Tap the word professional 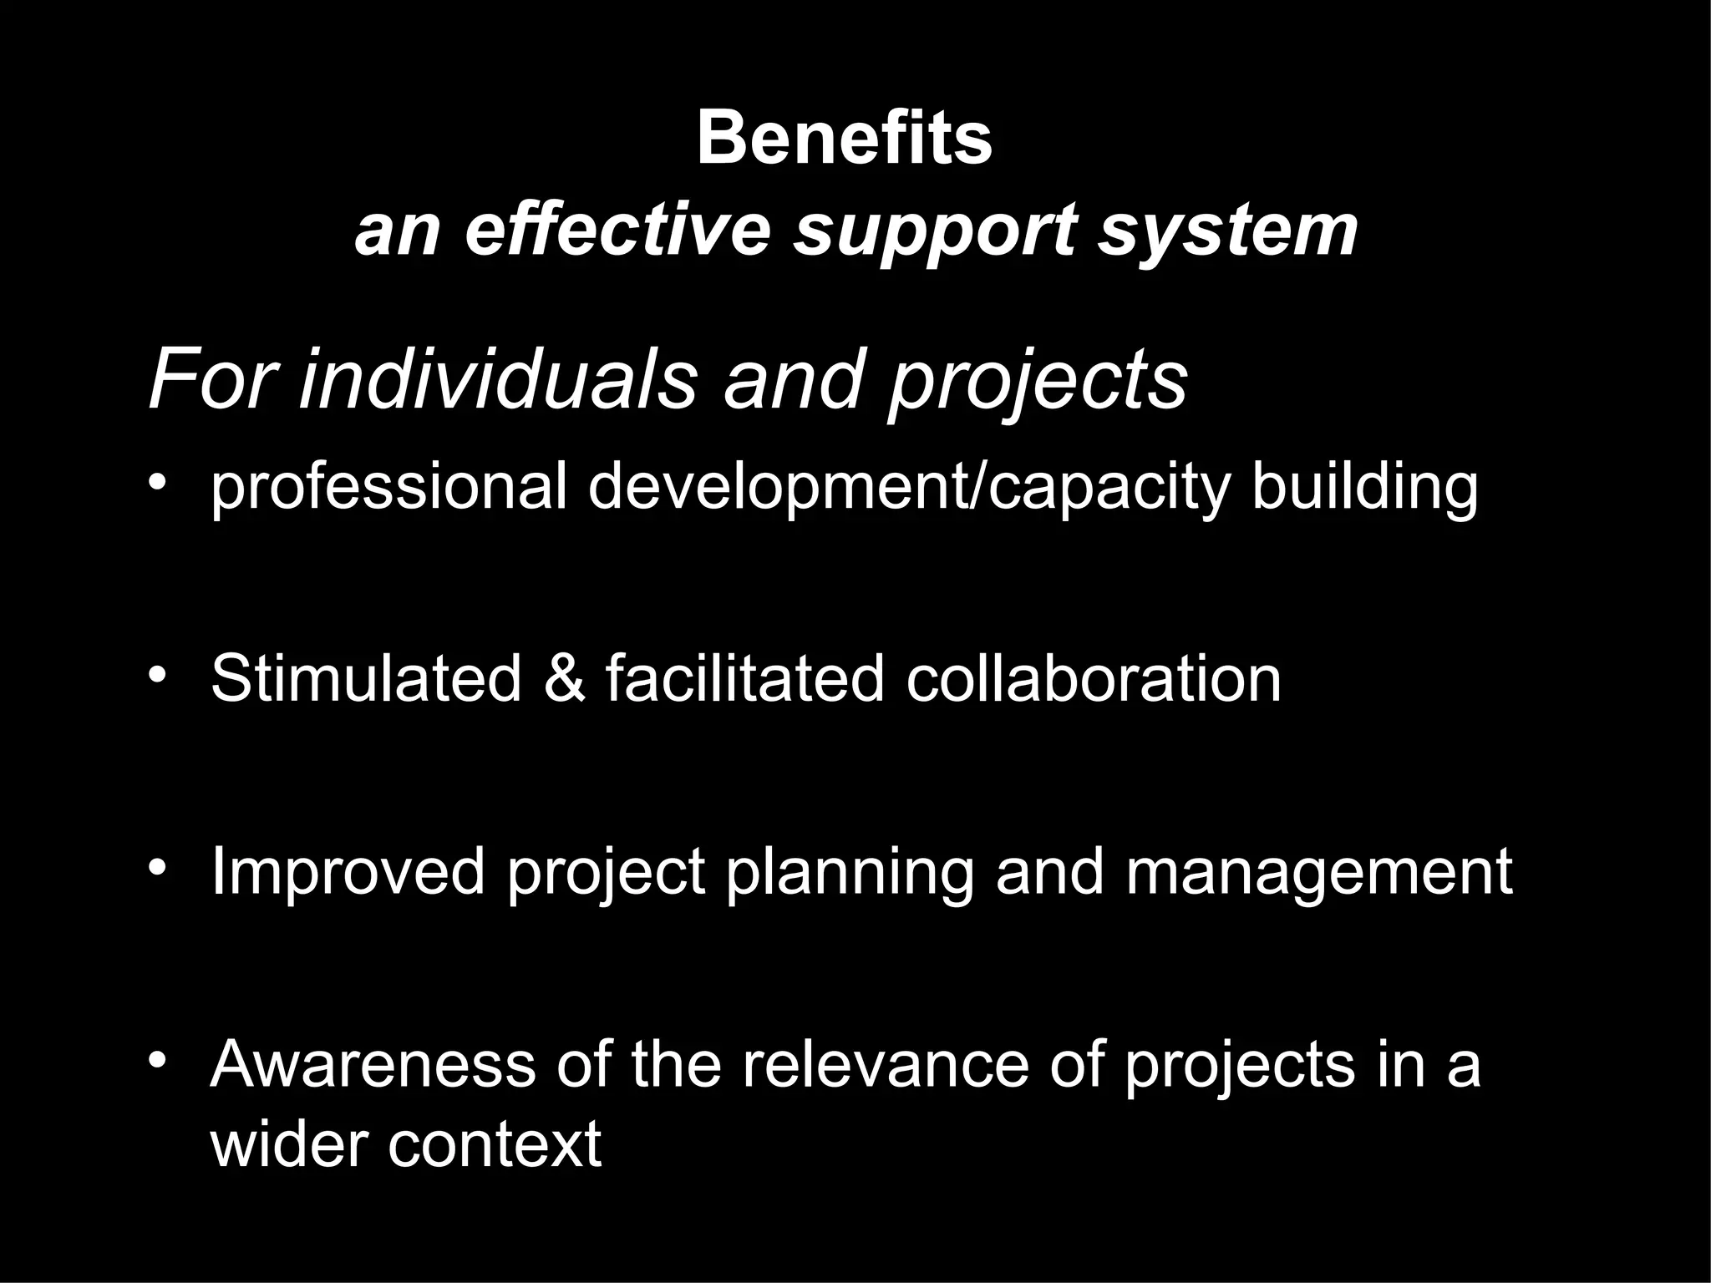(389, 489)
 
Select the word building (1365, 489)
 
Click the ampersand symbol (564, 678)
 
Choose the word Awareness (373, 1065)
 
